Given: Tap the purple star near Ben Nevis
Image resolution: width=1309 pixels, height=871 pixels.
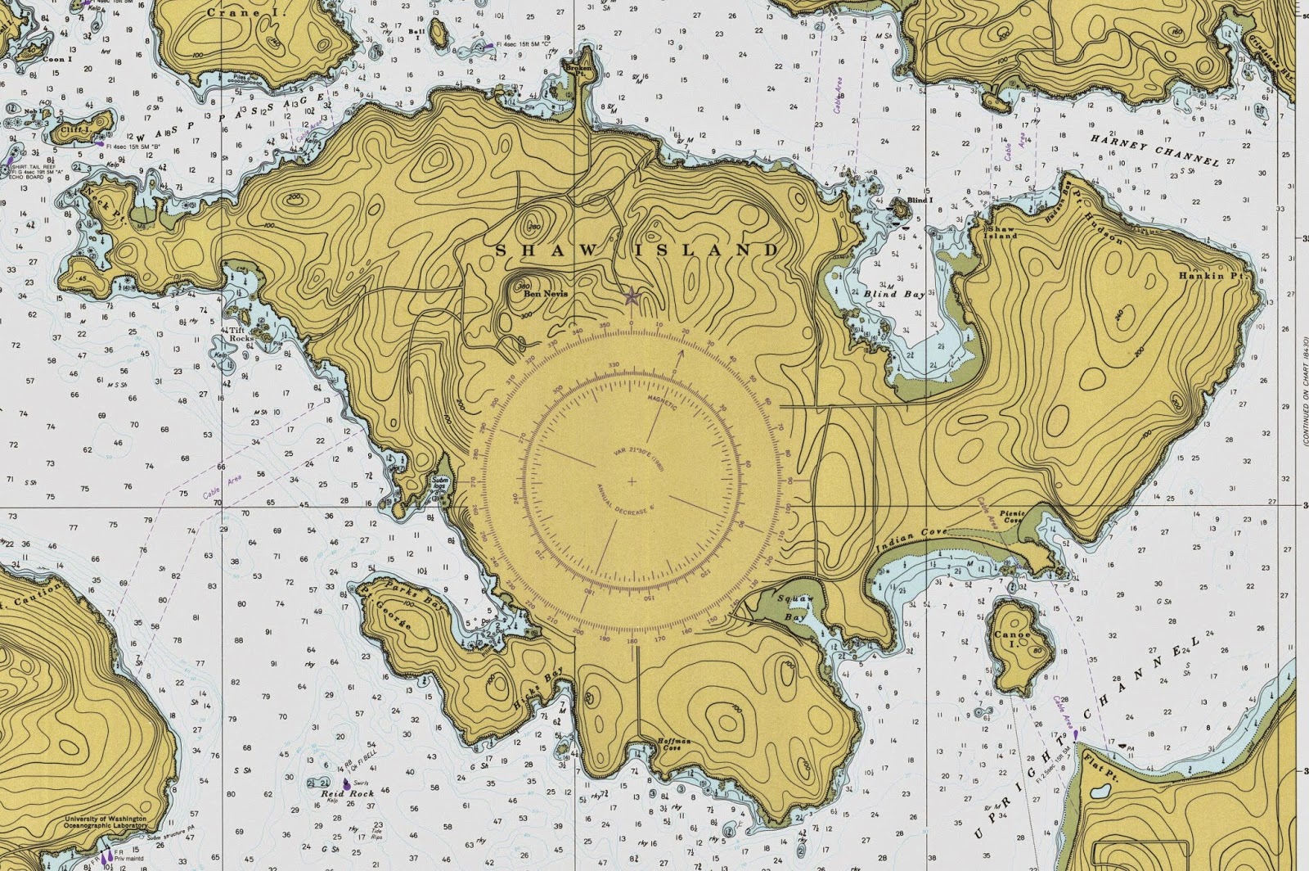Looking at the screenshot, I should coord(631,297).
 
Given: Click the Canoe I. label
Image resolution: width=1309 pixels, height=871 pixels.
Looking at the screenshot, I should coord(1010,639).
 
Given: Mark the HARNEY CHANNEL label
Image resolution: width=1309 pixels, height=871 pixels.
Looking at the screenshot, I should coord(1154,151).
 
